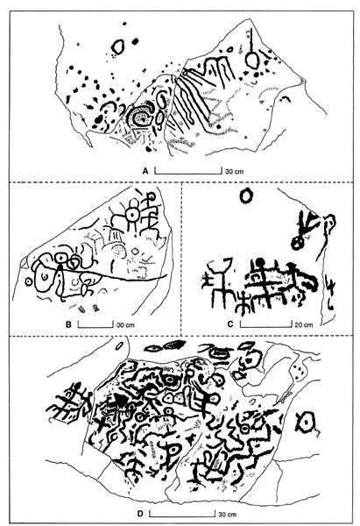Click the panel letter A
[x=145, y=171]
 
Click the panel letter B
[x=68, y=324]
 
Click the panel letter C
[x=230, y=324]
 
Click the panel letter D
[x=140, y=514]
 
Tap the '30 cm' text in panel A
[x=234, y=172]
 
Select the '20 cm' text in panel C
[x=303, y=324]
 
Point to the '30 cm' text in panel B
[x=125, y=324]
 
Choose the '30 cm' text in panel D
[x=228, y=514]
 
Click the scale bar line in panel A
[x=188, y=174]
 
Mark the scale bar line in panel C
[x=265, y=326]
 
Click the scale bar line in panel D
[x=182, y=516]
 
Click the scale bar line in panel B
[x=95, y=326]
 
